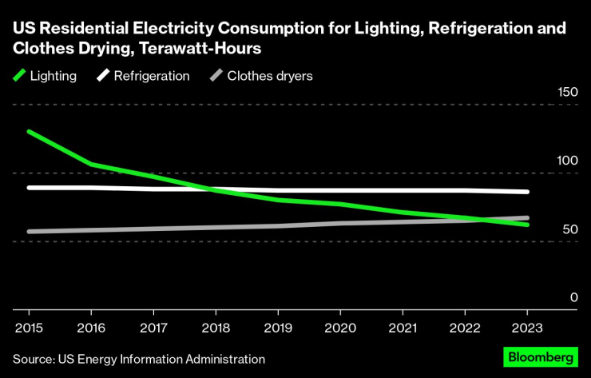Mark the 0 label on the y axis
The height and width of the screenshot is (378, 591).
pos(573,297)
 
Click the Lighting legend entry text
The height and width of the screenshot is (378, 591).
pos(54,76)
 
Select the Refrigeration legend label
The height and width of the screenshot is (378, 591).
pos(152,76)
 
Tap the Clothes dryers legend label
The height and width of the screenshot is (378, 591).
pos(270,76)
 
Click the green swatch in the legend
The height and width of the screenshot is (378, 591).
pos(19,76)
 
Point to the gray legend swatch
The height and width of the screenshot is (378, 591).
pos(216,76)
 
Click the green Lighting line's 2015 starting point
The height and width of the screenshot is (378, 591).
pos(29,131)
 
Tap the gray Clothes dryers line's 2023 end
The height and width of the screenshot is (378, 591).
pos(527,217)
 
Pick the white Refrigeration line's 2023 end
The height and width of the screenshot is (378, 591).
pos(527,192)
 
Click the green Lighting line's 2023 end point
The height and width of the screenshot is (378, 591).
pos(527,225)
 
